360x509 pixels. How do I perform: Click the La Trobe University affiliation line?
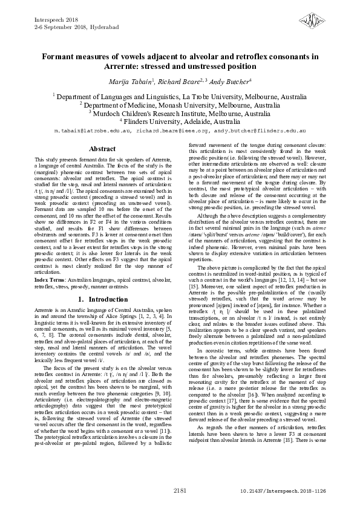180,96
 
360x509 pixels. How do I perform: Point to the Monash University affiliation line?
180,105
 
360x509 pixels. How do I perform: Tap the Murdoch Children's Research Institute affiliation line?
180,113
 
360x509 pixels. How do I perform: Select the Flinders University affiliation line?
180,121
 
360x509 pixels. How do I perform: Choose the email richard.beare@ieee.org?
172,131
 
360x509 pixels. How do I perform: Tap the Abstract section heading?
102,148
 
